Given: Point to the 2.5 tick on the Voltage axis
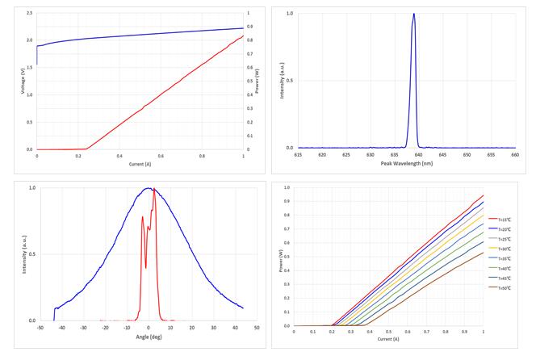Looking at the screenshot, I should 30,14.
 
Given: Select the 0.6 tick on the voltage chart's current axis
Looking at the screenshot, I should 161,156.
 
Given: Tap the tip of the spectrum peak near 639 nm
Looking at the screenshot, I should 413,14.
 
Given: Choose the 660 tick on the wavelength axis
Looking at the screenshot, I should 514,154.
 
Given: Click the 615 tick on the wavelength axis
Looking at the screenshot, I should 298,154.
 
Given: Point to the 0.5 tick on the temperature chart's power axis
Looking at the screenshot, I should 286,257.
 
